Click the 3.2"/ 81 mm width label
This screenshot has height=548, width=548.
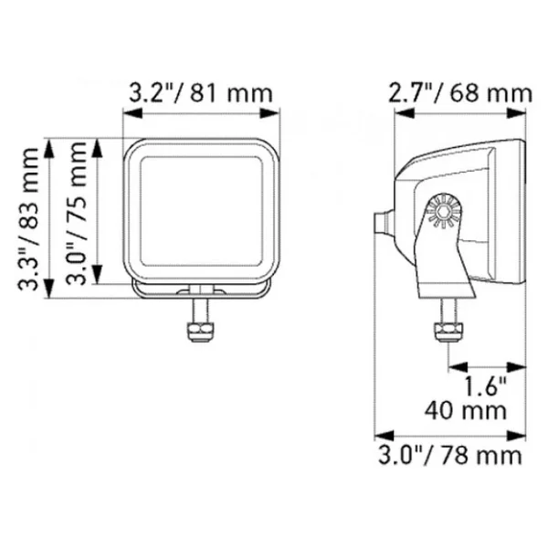coord(201,93)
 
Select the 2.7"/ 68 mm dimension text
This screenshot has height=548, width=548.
coord(460,93)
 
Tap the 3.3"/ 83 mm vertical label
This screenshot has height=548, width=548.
coord(28,219)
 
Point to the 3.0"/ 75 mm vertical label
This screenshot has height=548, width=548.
coord(76,213)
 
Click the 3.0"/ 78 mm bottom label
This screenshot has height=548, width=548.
coord(450,456)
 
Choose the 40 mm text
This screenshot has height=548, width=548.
coord(466,410)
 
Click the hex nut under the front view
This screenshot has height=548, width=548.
coord(200,332)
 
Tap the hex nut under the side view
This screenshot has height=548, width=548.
coord(448,332)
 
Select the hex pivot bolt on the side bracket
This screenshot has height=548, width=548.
coord(444,211)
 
